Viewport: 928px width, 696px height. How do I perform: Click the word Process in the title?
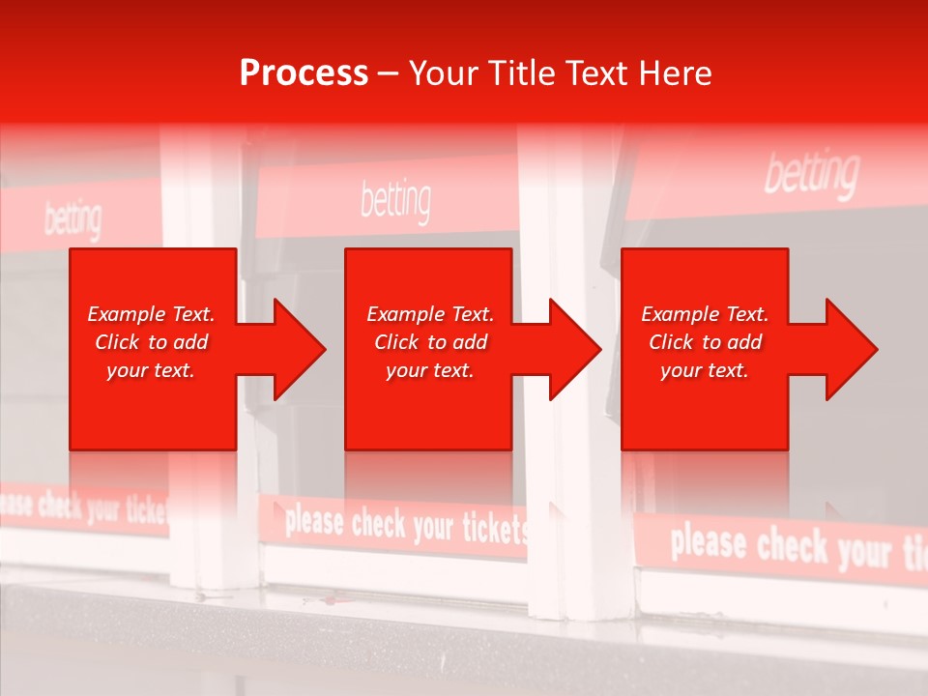pos(304,72)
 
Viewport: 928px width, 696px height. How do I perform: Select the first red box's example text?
pos(152,342)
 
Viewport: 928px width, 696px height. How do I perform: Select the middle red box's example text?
pos(430,342)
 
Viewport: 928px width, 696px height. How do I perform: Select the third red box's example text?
pos(705,342)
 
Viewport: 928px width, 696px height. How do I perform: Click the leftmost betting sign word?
pos(72,220)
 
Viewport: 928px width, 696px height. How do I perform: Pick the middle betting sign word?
pos(395,200)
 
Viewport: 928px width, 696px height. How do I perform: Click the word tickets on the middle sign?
pos(493,528)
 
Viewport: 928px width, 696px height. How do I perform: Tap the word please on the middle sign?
pos(314,522)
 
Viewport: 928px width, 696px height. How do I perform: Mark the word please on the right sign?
pos(708,542)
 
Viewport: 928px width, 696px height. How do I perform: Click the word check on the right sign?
pos(793,547)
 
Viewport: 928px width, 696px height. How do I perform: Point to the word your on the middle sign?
pos(432,526)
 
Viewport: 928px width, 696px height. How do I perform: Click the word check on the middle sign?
pos(378,524)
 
